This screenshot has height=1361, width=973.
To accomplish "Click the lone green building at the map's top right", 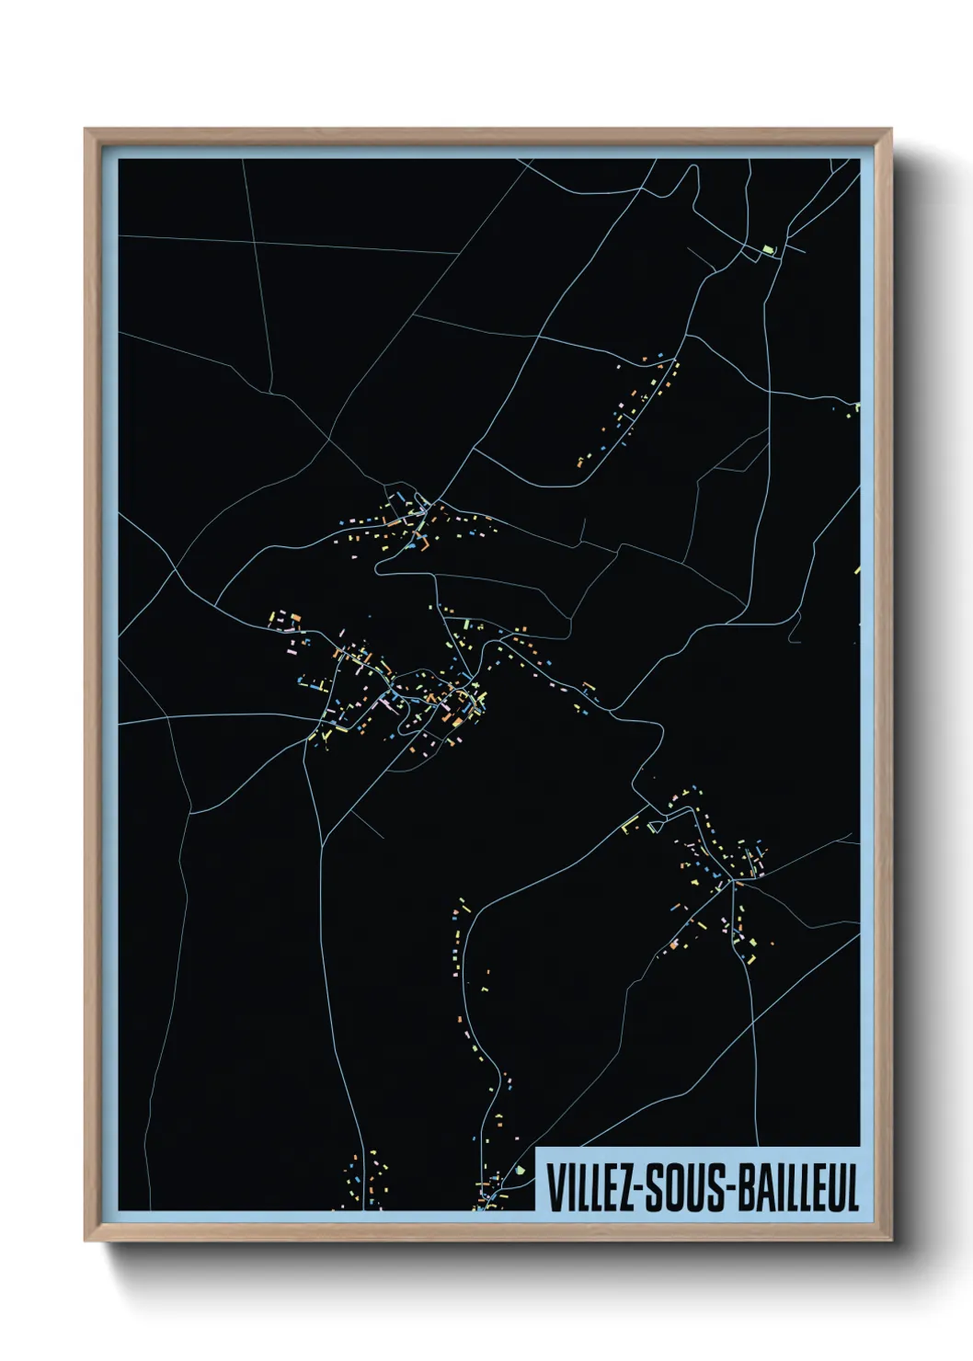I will (x=769, y=248).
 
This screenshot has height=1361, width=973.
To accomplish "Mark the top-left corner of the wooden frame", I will (x=86, y=130).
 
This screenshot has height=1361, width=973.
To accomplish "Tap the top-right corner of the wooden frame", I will (x=892, y=130).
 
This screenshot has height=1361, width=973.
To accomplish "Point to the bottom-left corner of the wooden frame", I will (x=86, y=1241).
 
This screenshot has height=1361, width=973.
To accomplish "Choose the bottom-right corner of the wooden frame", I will (x=892, y=1241).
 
